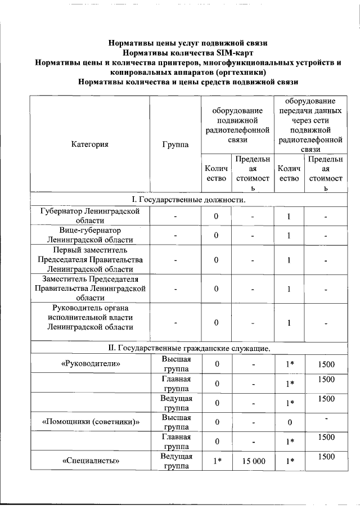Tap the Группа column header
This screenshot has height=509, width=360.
point(175,144)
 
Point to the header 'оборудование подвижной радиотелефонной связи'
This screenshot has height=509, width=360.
point(237,124)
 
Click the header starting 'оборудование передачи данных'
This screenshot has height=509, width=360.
point(306,125)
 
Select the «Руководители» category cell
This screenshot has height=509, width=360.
point(90,364)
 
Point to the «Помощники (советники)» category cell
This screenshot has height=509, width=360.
point(90,421)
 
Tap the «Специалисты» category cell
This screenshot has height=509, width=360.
point(90,461)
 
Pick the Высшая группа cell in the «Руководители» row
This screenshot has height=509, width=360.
point(176,364)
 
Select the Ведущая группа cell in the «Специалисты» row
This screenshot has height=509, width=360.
point(176,461)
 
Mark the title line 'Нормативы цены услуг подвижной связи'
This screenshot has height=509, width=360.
point(187,43)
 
